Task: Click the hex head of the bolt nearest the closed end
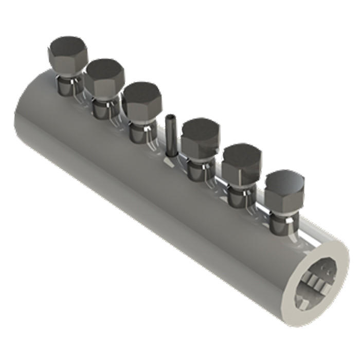[67, 52]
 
